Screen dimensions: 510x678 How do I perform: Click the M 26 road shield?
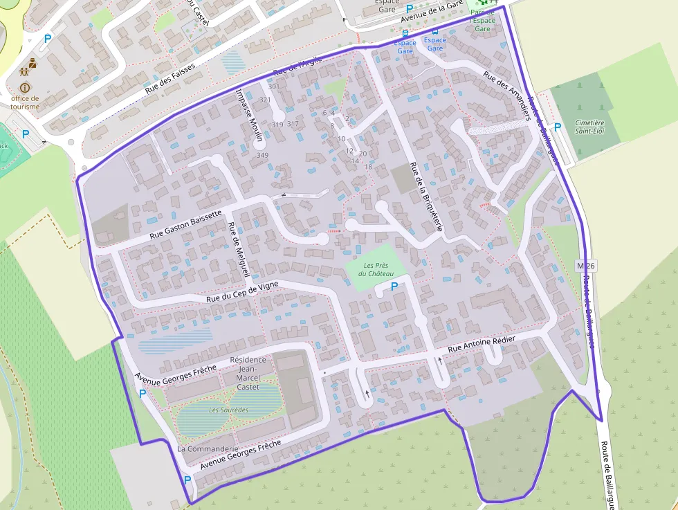[x=585, y=266]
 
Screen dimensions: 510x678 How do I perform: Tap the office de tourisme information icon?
[x=26, y=88]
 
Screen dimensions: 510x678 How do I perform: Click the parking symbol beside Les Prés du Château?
[x=394, y=286]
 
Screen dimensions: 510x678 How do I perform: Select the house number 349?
[x=262, y=155]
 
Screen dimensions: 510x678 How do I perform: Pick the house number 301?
[x=273, y=86]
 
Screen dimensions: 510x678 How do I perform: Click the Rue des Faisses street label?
[x=170, y=80]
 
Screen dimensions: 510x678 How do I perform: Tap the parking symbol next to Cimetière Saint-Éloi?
[x=557, y=127]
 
